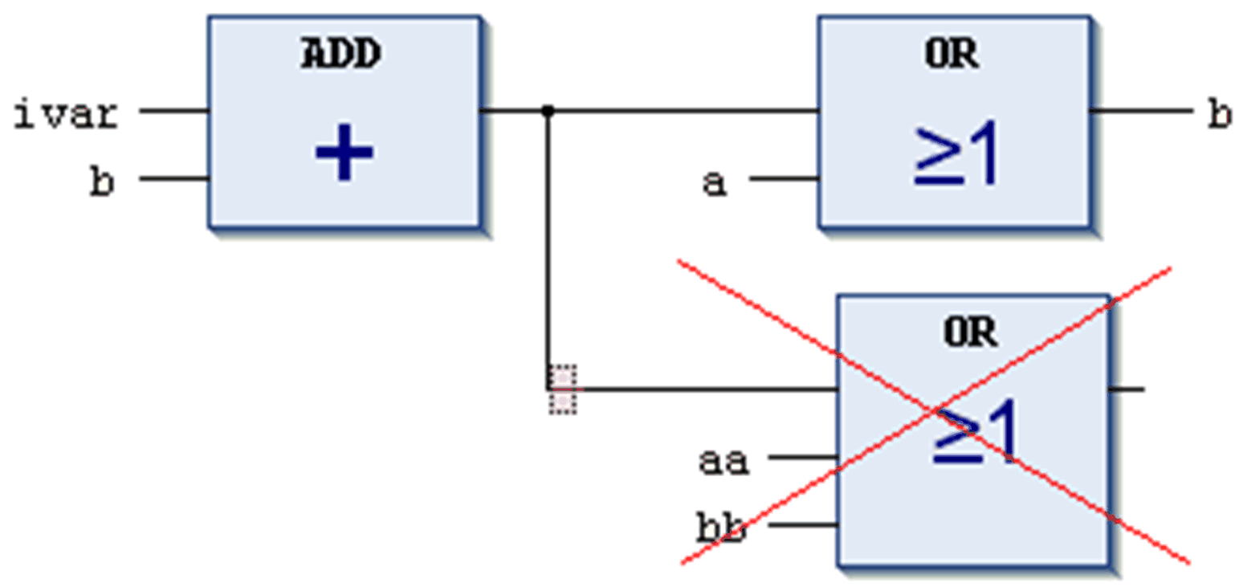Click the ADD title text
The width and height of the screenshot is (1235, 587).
341,55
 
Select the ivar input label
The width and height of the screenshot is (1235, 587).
67,115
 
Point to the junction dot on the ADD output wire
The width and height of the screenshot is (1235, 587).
548,111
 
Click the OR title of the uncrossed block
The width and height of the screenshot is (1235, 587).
952,55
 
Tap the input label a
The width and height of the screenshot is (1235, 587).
714,182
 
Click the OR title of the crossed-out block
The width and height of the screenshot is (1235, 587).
971,331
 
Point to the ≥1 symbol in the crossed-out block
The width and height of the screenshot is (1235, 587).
975,432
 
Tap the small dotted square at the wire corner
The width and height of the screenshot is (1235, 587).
563,389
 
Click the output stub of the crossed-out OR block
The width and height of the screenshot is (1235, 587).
1128,389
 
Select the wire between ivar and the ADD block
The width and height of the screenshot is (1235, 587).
174,111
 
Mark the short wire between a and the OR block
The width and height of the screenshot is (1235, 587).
783,179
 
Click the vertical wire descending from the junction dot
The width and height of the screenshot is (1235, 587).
548,241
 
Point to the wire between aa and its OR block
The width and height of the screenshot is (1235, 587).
803,458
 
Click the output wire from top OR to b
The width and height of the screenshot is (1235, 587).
1140,111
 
